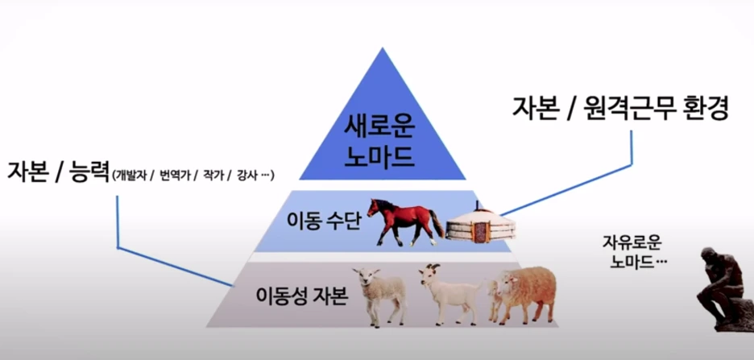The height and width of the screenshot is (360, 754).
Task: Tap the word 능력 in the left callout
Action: [85, 172]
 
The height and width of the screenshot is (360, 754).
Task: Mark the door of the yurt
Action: [480, 231]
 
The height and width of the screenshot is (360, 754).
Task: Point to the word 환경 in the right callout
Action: [700, 108]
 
